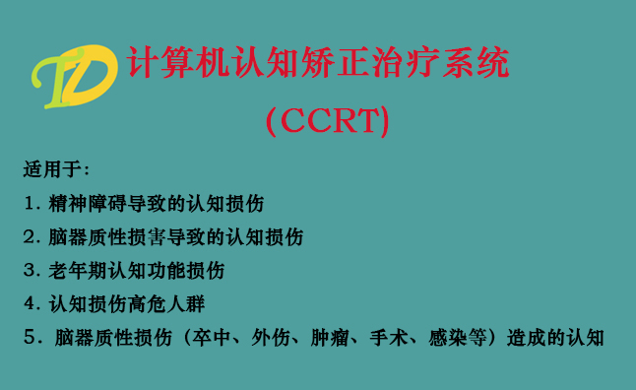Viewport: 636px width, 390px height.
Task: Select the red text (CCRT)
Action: pos(329,121)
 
